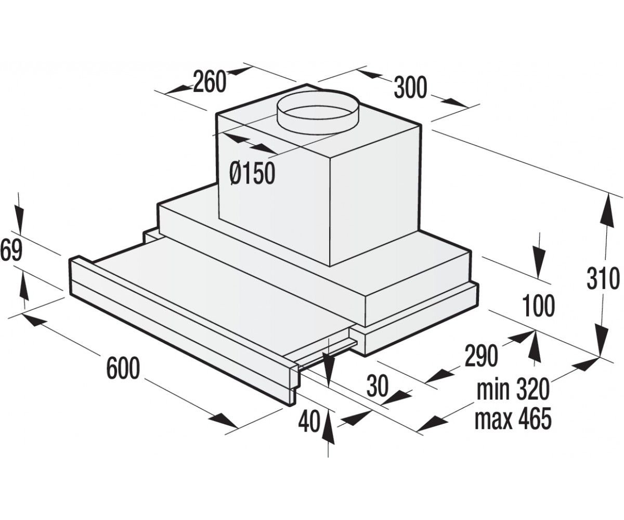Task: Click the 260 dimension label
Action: point(209,81)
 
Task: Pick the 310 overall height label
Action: point(602,279)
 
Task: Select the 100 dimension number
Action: point(537,306)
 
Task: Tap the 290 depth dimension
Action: point(480,356)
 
